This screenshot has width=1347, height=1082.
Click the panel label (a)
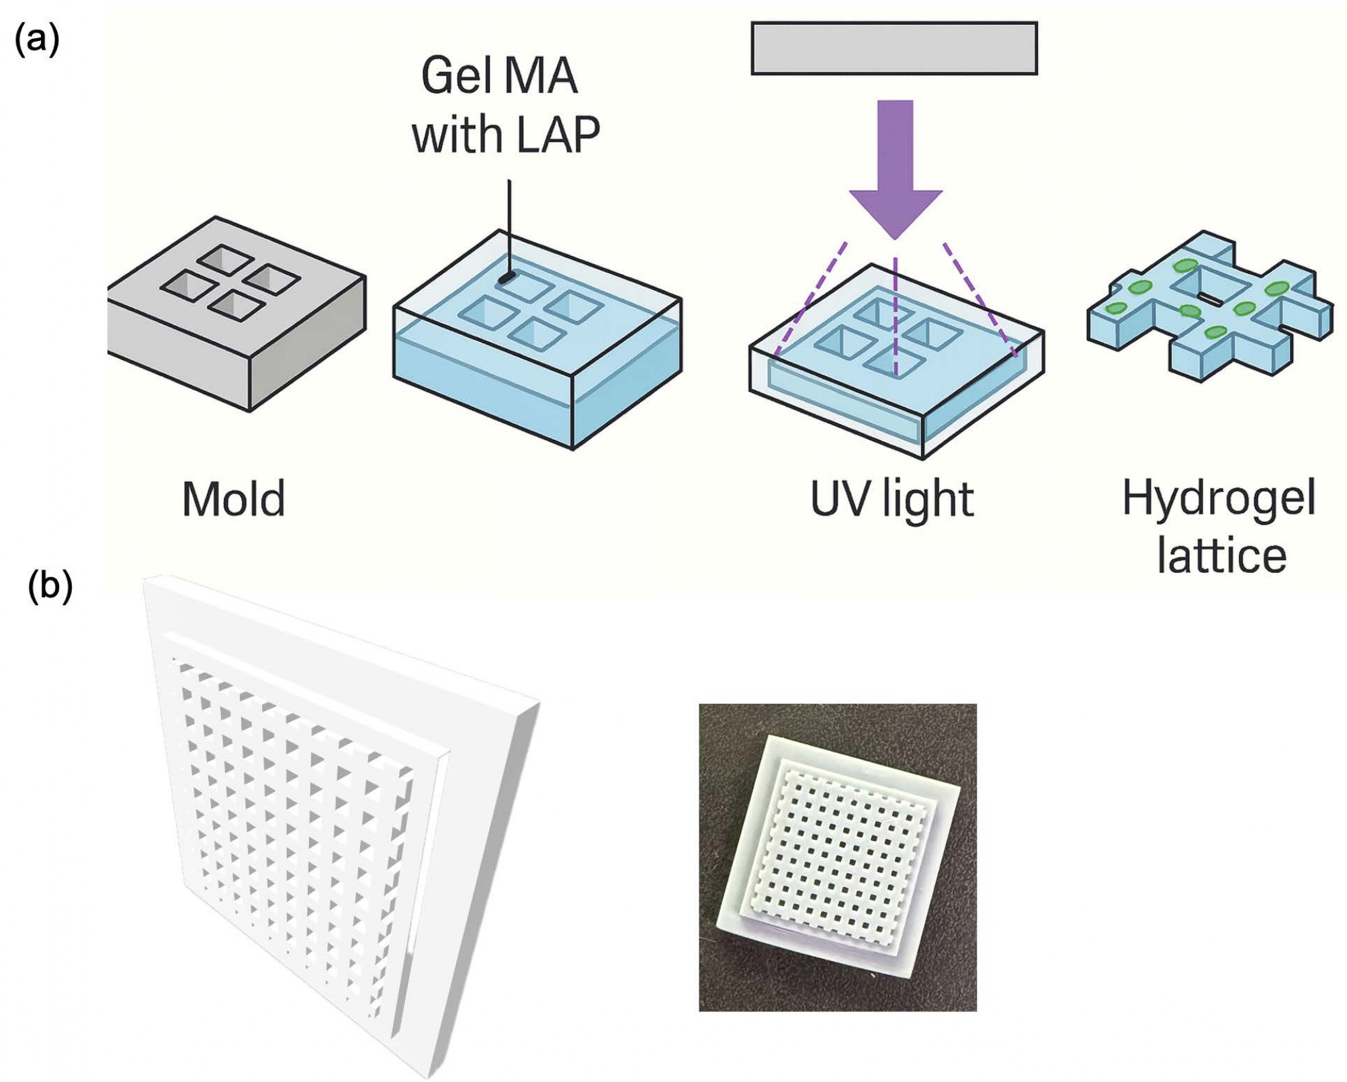tap(37, 40)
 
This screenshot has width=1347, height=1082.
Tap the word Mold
tap(234, 500)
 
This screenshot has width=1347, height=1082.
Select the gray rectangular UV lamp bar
tap(894, 48)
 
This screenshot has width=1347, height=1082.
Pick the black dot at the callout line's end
tap(508, 276)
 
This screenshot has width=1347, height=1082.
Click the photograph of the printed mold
tap(837, 857)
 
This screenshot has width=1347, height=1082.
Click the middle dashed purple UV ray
tap(896, 316)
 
